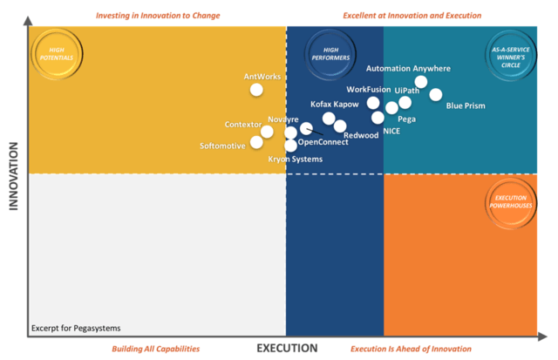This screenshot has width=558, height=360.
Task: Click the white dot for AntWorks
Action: [256, 89]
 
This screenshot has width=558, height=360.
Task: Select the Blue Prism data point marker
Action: [436, 94]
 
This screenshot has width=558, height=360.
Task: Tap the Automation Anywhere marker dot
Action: [421, 82]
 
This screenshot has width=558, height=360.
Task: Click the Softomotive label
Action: [222, 146]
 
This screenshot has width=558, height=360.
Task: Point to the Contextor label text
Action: [242, 125]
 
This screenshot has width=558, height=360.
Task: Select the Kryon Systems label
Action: [295, 160]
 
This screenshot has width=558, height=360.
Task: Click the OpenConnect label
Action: [323, 142]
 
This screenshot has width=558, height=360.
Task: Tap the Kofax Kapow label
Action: [334, 105]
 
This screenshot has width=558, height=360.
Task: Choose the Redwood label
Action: [361, 135]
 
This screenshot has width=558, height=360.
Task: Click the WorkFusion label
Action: [369, 90]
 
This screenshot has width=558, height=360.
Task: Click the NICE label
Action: [391, 132]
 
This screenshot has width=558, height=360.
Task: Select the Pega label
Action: [406, 119]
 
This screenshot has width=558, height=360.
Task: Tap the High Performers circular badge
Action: [330, 54]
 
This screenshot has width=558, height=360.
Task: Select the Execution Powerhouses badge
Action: [510, 202]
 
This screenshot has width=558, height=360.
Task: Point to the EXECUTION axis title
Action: [287, 348]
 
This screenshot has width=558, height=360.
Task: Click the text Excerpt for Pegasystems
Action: [76, 329]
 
